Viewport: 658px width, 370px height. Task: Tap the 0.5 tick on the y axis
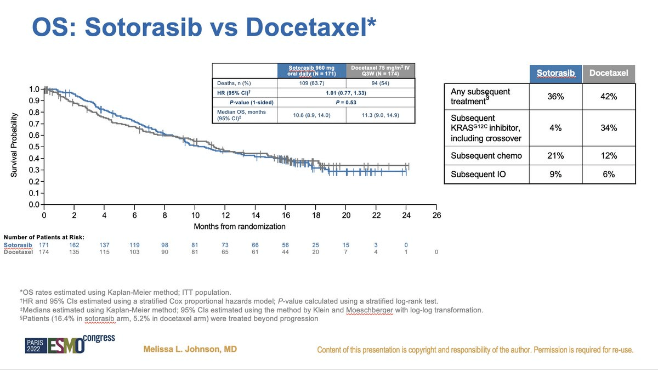36,147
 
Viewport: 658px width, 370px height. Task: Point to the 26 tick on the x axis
436,216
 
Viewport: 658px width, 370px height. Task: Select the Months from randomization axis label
240,226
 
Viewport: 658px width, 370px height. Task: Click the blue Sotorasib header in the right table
556,73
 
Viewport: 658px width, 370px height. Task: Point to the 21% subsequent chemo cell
556,156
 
